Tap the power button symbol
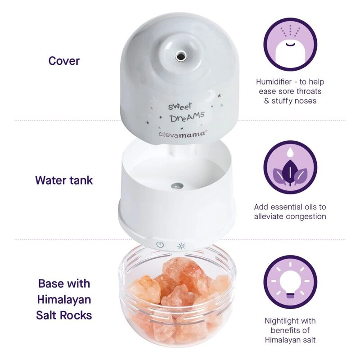[160, 245]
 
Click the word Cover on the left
[64, 61]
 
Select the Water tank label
[64, 180]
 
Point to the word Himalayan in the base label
[64, 299]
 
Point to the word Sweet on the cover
[180, 107]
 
